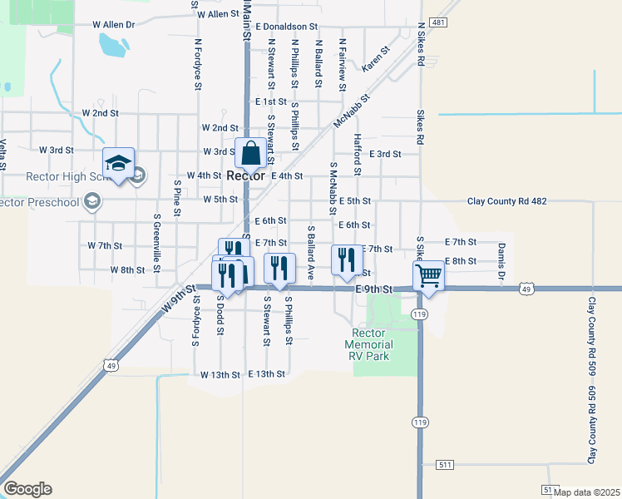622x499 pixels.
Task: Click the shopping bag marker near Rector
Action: (250, 154)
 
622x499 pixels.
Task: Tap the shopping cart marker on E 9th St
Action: (428, 274)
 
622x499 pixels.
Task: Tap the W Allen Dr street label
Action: (108, 25)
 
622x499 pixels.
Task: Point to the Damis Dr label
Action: (501, 261)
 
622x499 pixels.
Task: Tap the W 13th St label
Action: (220, 375)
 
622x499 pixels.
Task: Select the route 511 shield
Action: (447, 463)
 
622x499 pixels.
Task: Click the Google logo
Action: (27, 489)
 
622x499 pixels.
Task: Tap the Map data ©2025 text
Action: (586, 492)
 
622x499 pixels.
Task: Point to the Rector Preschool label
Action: (37, 201)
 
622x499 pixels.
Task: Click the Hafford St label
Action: (358, 154)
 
